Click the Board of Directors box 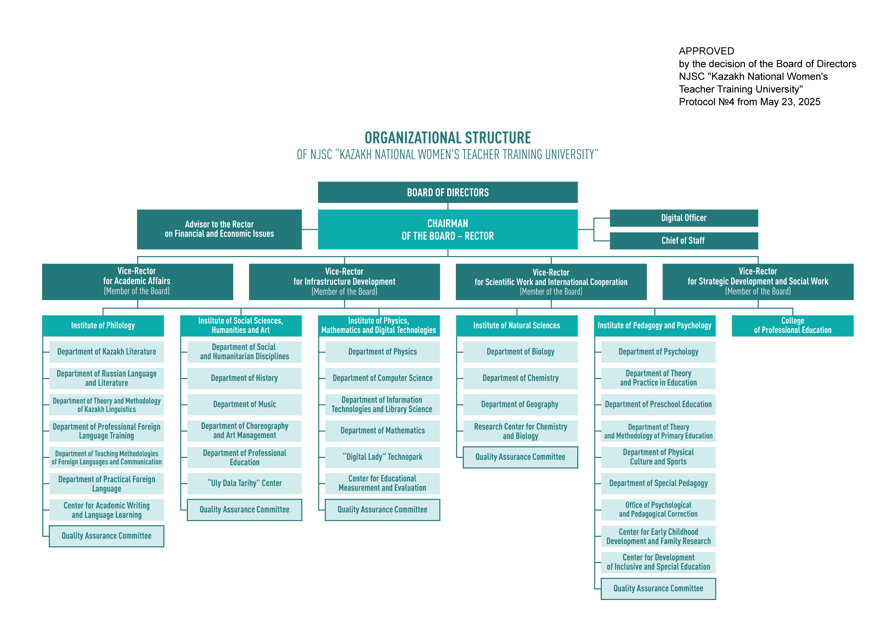(x=448, y=192)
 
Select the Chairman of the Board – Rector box (x=448, y=229)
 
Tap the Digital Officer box (x=684, y=218)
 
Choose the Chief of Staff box (x=684, y=241)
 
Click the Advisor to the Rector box (x=219, y=229)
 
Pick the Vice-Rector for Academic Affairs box (x=137, y=281)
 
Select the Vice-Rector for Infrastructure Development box (x=344, y=281)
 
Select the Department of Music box (x=244, y=405)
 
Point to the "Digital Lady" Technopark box (x=382, y=457)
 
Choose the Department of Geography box (x=520, y=405)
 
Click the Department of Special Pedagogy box (x=658, y=484)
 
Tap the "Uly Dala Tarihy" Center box (x=244, y=484)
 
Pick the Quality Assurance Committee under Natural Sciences (x=520, y=457)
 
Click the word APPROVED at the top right (x=706, y=51)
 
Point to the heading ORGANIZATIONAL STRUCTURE (x=448, y=138)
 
